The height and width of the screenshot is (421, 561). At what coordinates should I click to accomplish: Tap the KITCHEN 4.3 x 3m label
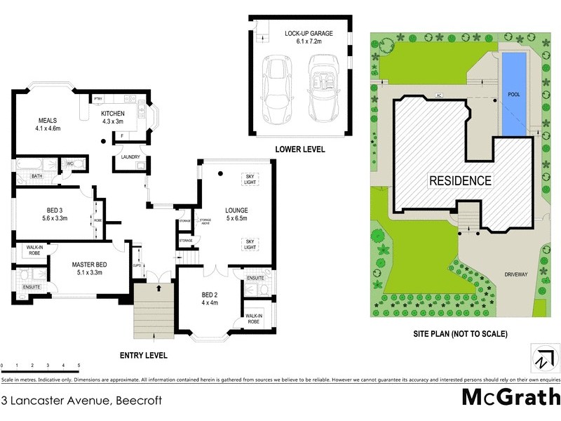pyautogui.click(x=113, y=117)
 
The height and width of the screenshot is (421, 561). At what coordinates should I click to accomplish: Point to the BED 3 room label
pyautogui.click(x=54, y=214)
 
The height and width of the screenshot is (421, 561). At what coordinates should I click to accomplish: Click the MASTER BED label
pyautogui.click(x=88, y=269)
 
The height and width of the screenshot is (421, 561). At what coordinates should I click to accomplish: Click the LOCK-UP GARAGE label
pyautogui.click(x=309, y=37)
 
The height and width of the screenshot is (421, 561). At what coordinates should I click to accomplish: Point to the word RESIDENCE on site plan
pyautogui.click(x=459, y=180)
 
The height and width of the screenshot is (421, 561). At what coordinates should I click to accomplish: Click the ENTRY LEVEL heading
pyautogui.click(x=144, y=356)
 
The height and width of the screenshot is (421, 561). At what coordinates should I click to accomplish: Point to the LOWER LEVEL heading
pyautogui.click(x=300, y=149)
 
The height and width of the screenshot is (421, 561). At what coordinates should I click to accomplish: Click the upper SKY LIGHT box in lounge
pyautogui.click(x=249, y=178)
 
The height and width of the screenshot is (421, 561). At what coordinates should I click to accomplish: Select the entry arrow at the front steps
pyautogui.click(x=160, y=287)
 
